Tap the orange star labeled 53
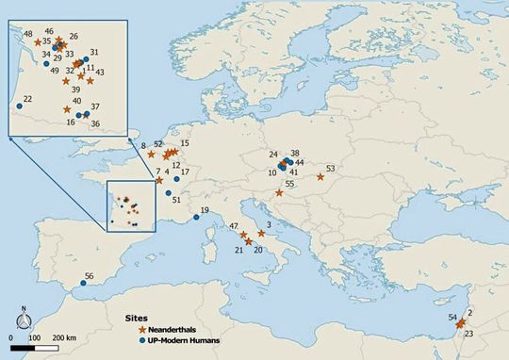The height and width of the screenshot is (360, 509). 320,176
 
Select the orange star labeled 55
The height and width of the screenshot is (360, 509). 279,193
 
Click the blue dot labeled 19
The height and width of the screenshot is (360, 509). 195,218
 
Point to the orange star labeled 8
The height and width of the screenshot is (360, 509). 151,155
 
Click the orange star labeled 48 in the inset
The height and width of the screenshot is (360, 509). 38,42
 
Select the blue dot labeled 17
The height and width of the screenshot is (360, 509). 176,179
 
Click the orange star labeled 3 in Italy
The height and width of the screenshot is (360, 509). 261,233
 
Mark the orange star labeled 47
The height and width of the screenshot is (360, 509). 243,235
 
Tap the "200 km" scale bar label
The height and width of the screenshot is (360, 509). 63,336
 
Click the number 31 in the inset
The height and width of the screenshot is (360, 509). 93,53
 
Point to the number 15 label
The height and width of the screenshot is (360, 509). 185,143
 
